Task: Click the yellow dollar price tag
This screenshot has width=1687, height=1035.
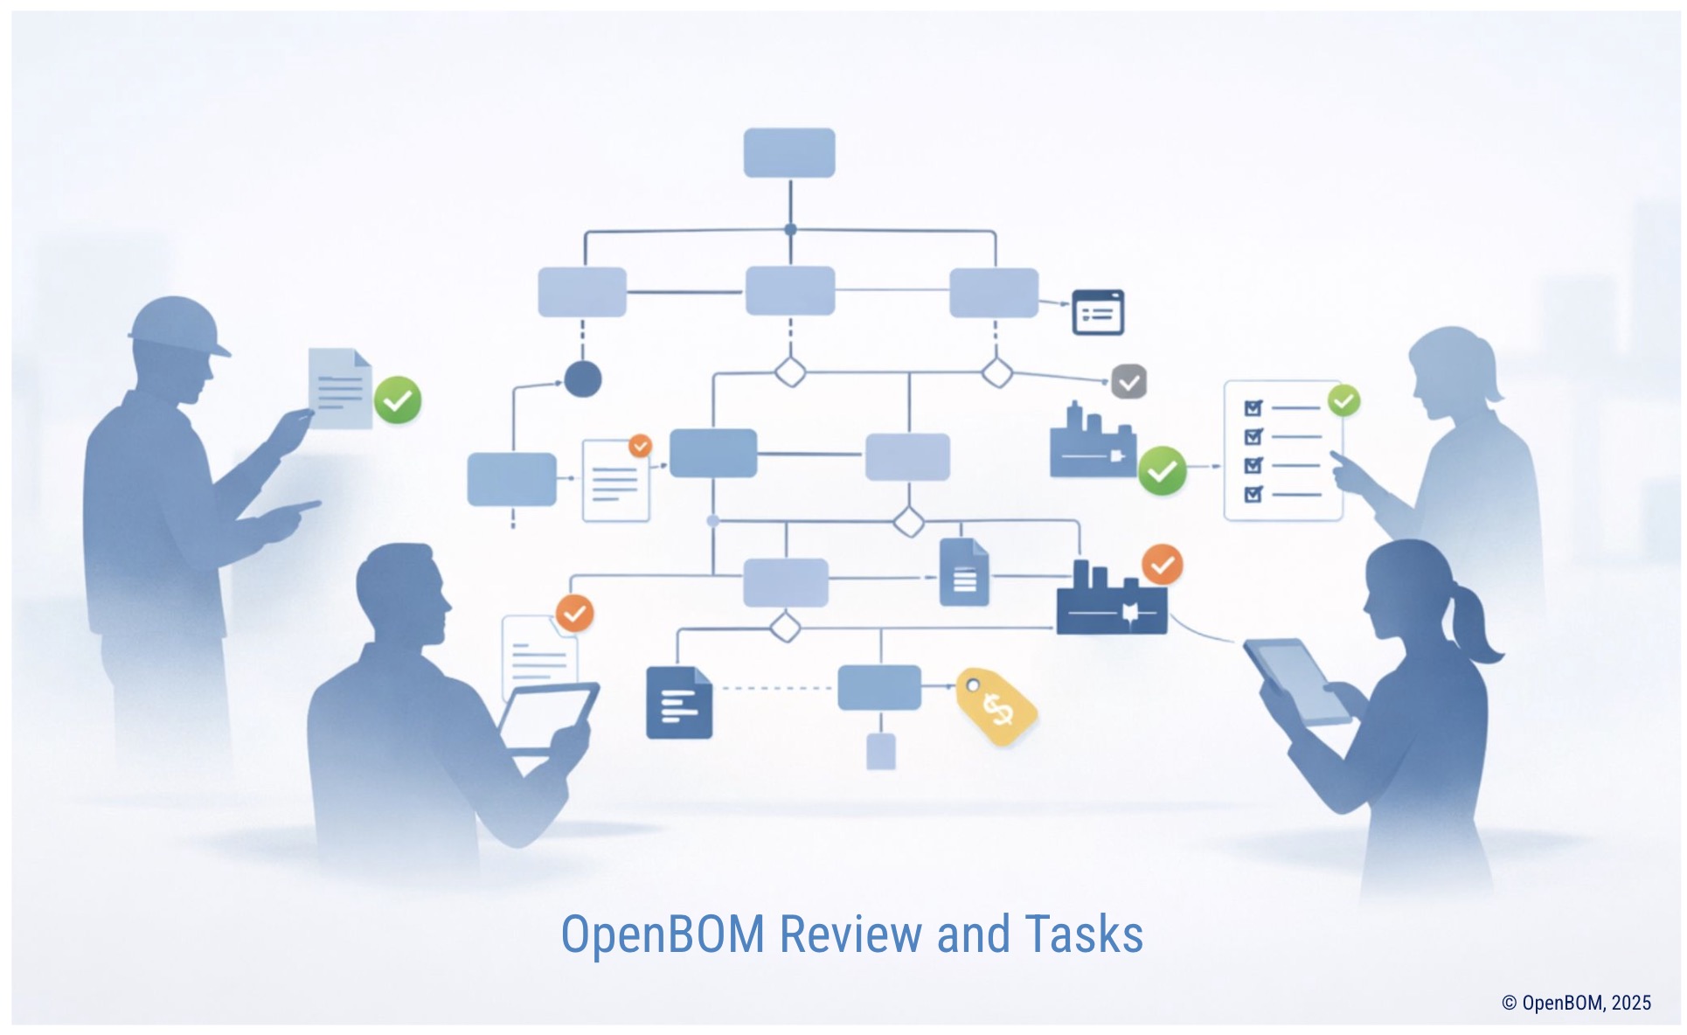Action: click(x=996, y=706)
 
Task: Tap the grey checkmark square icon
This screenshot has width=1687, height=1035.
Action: click(x=1128, y=382)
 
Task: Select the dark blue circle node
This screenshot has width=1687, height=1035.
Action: click(x=582, y=379)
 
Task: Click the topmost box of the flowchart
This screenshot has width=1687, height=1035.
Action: click(x=788, y=153)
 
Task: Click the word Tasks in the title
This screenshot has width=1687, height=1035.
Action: click(x=1084, y=934)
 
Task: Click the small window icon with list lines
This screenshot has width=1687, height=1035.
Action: click(x=1098, y=312)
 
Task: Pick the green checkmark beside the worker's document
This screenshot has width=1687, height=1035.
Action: click(x=398, y=400)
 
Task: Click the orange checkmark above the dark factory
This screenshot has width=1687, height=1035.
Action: click(x=1162, y=566)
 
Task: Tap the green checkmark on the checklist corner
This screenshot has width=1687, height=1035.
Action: click(x=1343, y=401)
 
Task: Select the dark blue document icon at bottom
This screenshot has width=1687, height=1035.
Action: click(x=678, y=703)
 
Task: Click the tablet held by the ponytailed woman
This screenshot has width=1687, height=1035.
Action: click(x=1296, y=680)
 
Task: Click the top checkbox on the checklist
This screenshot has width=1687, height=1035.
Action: click(x=1253, y=408)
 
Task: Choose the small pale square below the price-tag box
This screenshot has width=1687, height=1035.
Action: click(x=880, y=751)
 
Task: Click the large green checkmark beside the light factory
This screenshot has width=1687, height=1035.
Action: click(x=1162, y=471)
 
